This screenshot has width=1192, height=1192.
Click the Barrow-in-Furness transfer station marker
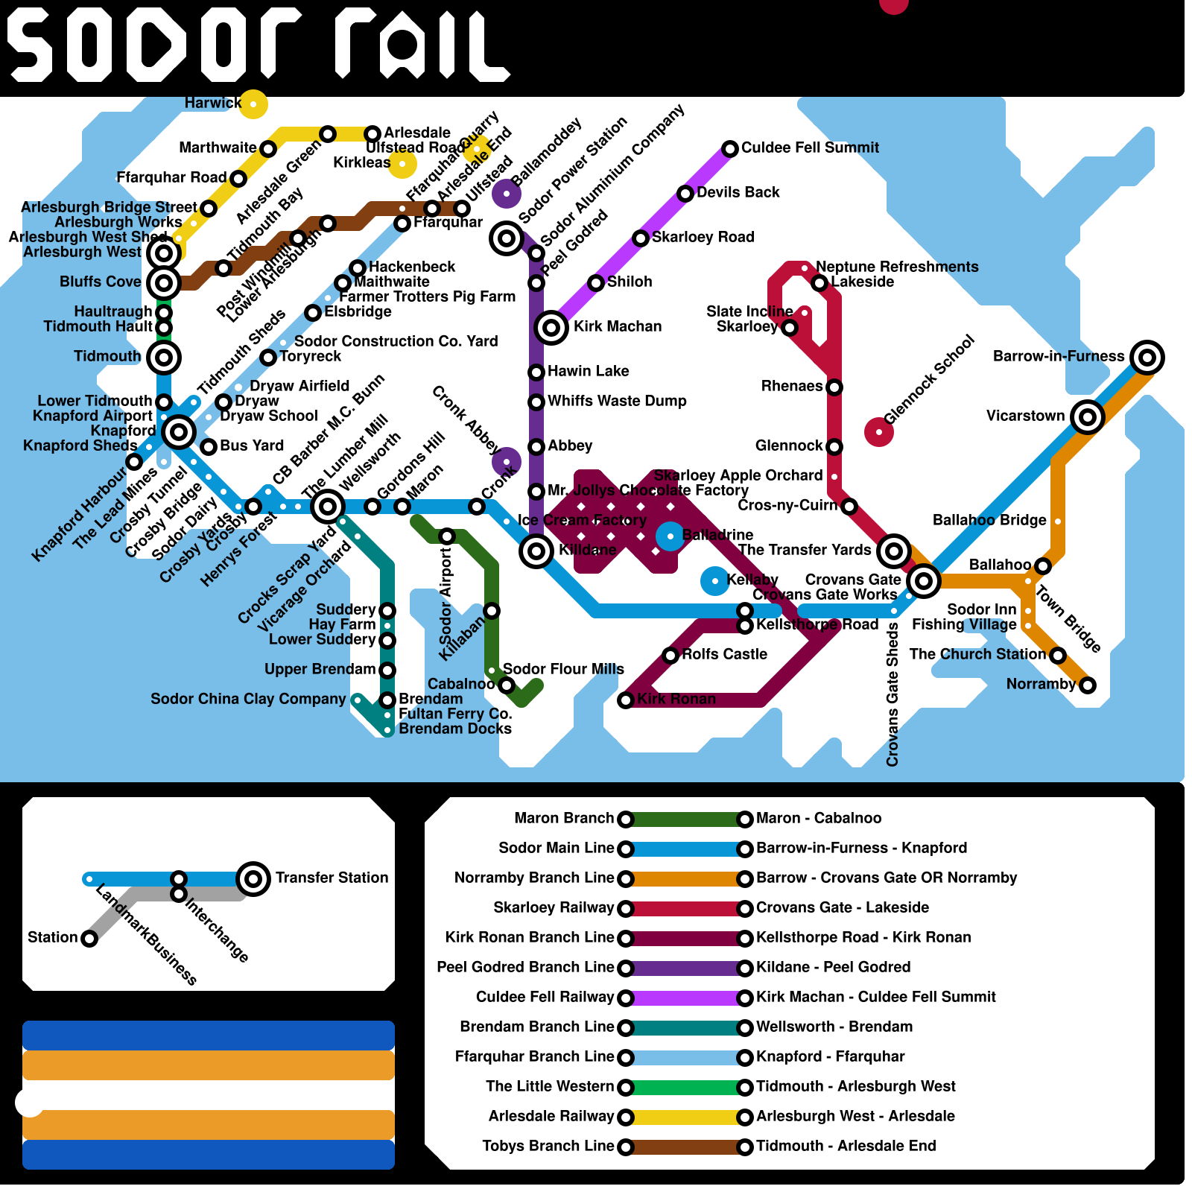pos(1147,358)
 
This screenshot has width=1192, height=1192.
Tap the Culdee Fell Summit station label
pos(810,148)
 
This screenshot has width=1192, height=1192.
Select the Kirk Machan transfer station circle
pos(551,327)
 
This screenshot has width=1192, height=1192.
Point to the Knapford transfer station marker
pos(179,431)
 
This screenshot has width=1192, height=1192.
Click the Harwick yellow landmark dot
pos(253,104)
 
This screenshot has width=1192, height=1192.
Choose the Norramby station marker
pos(1088,685)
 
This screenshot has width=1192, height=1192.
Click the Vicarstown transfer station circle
pos(1087,416)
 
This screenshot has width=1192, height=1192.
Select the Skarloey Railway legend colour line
pos(685,908)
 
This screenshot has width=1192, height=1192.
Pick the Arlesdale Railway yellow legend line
pos(685,1117)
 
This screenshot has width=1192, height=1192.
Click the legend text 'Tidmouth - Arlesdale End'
pos(846,1146)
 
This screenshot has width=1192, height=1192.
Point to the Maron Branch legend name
pos(564,818)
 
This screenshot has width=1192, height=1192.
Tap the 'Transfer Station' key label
pos(332,878)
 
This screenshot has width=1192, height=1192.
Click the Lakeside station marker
pos(819,282)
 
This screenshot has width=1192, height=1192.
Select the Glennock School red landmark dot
pos(879,431)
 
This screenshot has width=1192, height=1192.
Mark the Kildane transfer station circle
pos(536,551)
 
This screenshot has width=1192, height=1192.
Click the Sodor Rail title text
pos(257,45)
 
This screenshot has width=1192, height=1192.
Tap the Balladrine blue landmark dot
pos(670,536)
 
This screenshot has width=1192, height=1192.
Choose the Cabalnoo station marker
pos(507,685)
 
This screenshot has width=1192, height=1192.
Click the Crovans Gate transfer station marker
pos(923,580)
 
